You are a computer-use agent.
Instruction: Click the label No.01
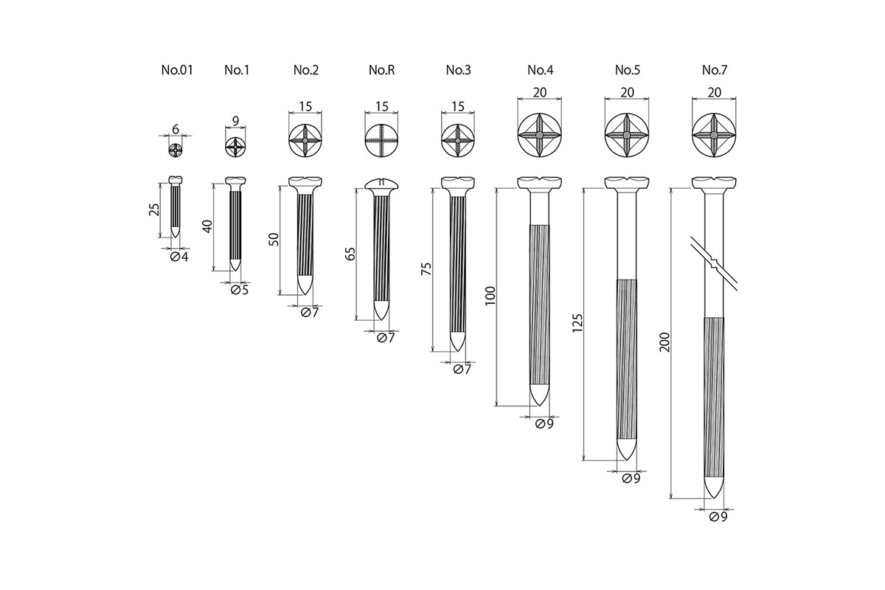177,71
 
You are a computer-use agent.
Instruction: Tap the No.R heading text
381,71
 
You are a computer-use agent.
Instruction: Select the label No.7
714,71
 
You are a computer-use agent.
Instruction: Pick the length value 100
490,295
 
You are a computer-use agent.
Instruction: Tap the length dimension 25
153,210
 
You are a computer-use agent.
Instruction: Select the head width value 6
176,129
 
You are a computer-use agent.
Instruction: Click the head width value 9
235,119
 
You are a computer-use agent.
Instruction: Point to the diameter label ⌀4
179,257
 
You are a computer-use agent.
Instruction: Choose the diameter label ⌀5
239,290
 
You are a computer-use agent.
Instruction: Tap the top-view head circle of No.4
539,136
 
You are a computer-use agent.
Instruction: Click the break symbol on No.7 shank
713,263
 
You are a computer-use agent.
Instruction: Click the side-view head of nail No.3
458,182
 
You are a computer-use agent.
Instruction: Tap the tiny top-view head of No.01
176,150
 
